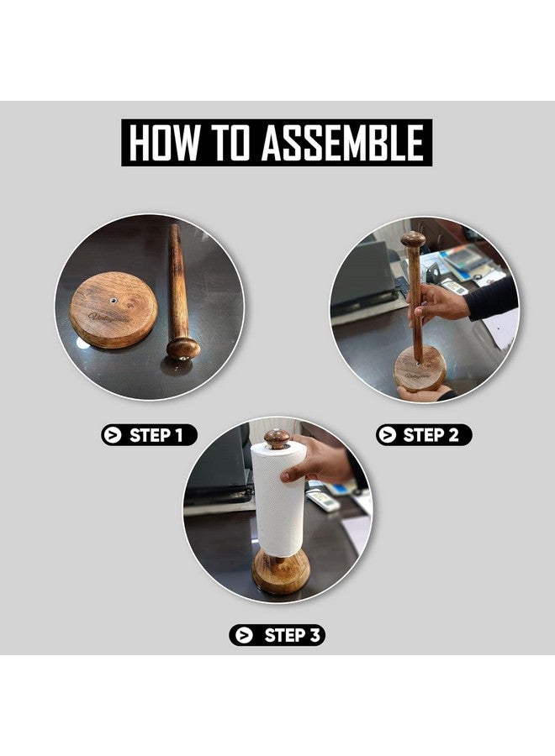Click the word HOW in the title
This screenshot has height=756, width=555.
click(164, 143)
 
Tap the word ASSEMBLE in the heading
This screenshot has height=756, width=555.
click(342, 143)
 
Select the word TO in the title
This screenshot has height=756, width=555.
click(230, 143)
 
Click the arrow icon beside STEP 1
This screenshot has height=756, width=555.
click(113, 435)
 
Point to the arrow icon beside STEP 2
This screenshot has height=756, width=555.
click(387, 435)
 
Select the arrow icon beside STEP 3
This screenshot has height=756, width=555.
click(244, 636)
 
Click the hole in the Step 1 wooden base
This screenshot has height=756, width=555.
click(114, 301)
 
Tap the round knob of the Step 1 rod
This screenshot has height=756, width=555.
click(183, 348)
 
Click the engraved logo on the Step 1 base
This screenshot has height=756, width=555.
click(103, 317)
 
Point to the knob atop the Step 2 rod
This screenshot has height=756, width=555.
click(413, 239)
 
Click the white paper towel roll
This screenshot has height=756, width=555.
click(278, 499)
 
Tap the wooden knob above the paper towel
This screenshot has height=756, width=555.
click(277, 438)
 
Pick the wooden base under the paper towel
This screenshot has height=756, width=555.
click(281, 571)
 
